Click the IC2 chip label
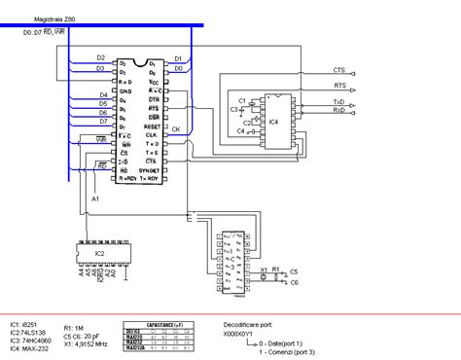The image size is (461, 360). tap(100, 253)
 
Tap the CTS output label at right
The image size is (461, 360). tap(338, 70)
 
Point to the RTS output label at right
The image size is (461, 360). tap(338, 87)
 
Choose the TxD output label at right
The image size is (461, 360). tap(338, 101)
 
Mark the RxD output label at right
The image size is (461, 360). tap(338, 111)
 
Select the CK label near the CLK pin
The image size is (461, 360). tap(177, 127)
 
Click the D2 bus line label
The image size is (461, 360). tap(101, 56)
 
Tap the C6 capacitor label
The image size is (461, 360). tap(295, 282)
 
